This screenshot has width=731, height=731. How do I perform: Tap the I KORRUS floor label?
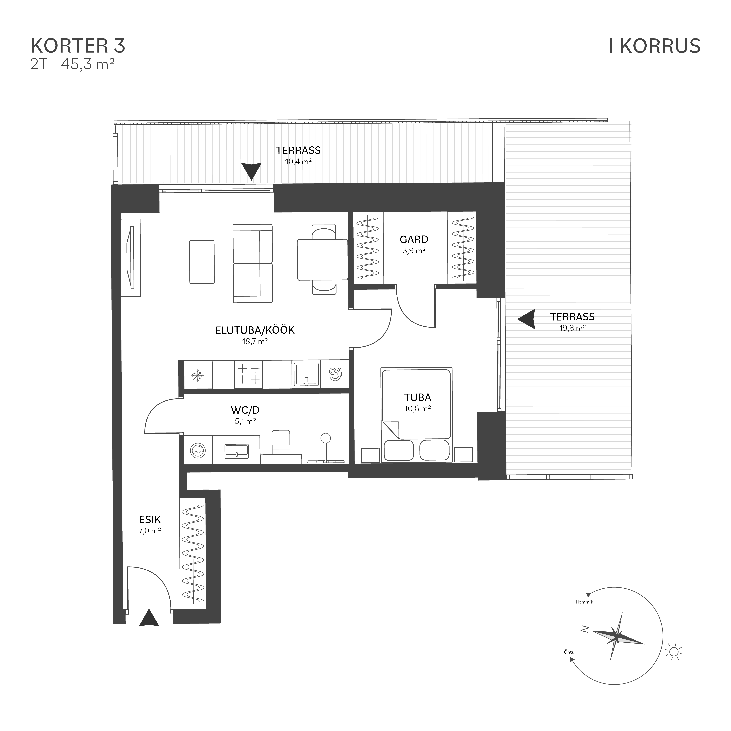[x=655, y=46]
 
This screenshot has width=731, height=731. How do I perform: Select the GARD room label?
[x=414, y=240]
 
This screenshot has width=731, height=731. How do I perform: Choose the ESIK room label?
[x=150, y=519]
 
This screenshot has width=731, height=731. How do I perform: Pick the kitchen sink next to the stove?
[x=306, y=375]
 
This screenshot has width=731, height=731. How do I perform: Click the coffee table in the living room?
[x=202, y=262]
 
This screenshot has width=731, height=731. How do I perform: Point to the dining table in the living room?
[x=322, y=260]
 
